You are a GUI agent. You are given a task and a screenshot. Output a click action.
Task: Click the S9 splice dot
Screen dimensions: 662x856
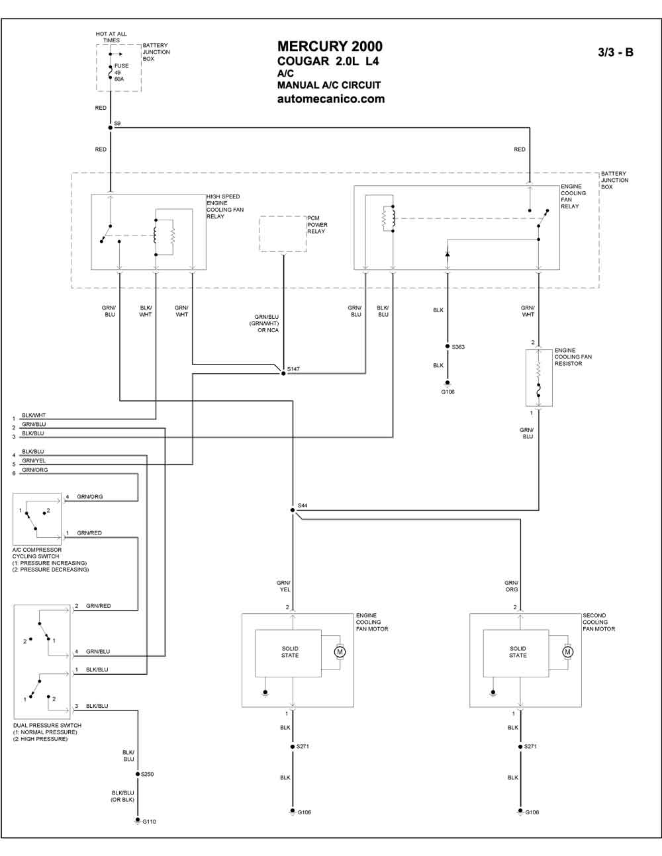(x=111, y=128)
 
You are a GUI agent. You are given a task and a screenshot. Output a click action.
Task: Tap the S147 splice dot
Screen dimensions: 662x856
(x=283, y=373)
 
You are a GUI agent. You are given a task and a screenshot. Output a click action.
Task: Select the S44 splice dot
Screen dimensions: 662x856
(x=293, y=510)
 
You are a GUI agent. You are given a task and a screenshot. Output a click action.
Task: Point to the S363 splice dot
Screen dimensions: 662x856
(x=448, y=346)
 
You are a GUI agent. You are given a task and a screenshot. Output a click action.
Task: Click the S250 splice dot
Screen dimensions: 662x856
(x=138, y=774)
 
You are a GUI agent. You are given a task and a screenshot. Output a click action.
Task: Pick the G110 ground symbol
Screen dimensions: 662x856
(x=138, y=820)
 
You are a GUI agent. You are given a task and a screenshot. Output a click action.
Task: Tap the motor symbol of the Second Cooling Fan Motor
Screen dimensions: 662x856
(x=567, y=652)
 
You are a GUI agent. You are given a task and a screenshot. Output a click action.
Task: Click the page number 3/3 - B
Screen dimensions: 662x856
(x=616, y=52)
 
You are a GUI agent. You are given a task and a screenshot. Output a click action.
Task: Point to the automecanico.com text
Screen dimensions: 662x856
(x=331, y=99)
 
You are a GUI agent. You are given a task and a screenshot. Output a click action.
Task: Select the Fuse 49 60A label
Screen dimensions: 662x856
(x=121, y=72)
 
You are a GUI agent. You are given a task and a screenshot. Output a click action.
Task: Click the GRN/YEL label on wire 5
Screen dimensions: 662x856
(x=34, y=460)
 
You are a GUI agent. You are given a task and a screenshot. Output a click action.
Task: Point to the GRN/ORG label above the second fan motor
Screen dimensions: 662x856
(x=511, y=585)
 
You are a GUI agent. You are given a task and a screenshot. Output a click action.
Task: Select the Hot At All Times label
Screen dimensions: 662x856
(x=111, y=37)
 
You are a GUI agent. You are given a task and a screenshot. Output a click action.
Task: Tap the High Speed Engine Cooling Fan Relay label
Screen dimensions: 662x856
(x=225, y=206)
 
